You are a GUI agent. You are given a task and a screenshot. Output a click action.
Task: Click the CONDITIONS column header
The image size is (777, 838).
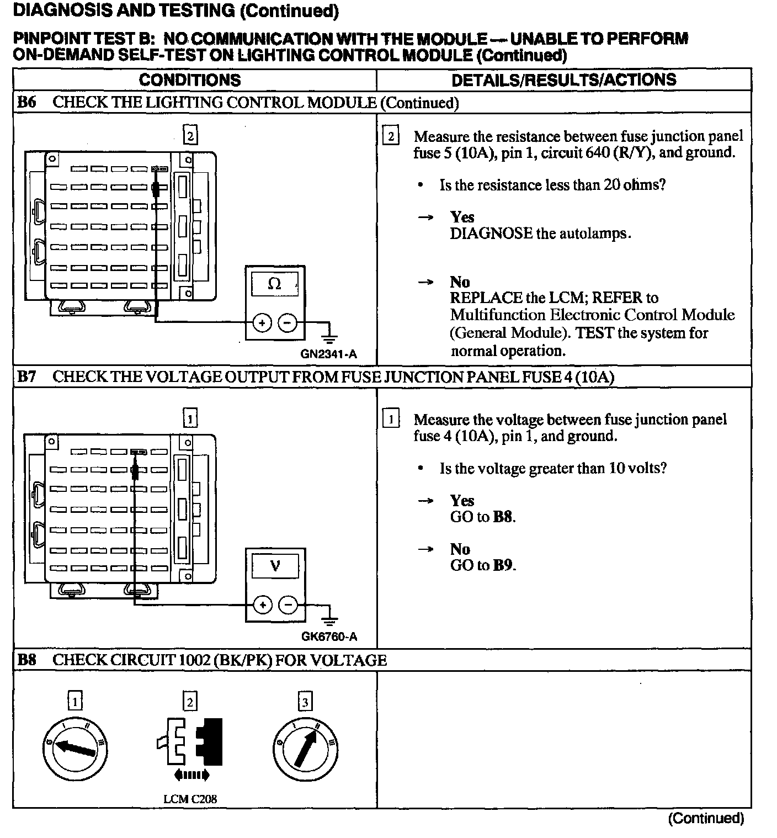pyautogui.click(x=190, y=80)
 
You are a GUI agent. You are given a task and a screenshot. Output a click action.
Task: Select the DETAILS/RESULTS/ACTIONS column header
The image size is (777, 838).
pyautogui.click(x=563, y=80)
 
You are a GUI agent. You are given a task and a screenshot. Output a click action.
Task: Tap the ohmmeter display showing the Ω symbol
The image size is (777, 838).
pyautogui.click(x=274, y=284)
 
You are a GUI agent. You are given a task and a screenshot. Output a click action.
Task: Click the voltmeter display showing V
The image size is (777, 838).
pyautogui.click(x=275, y=566)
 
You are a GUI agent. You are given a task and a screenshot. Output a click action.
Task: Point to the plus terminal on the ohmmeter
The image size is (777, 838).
pyautogui.click(x=263, y=322)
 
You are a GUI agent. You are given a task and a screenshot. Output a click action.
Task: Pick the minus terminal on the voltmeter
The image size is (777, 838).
pyautogui.click(x=288, y=606)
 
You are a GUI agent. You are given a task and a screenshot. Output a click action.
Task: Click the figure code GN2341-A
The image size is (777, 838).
pyautogui.click(x=329, y=354)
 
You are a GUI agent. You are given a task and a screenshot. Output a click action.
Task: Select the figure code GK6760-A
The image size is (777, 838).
pyautogui.click(x=329, y=637)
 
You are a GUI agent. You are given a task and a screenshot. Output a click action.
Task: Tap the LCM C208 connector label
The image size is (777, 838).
pyautogui.click(x=187, y=798)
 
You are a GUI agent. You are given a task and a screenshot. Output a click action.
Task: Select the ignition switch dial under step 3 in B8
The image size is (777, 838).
pyautogui.click(x=305, y=749)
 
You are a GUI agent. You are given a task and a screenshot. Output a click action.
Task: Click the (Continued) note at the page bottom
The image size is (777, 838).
pyautogui.click(x=706, y=818)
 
